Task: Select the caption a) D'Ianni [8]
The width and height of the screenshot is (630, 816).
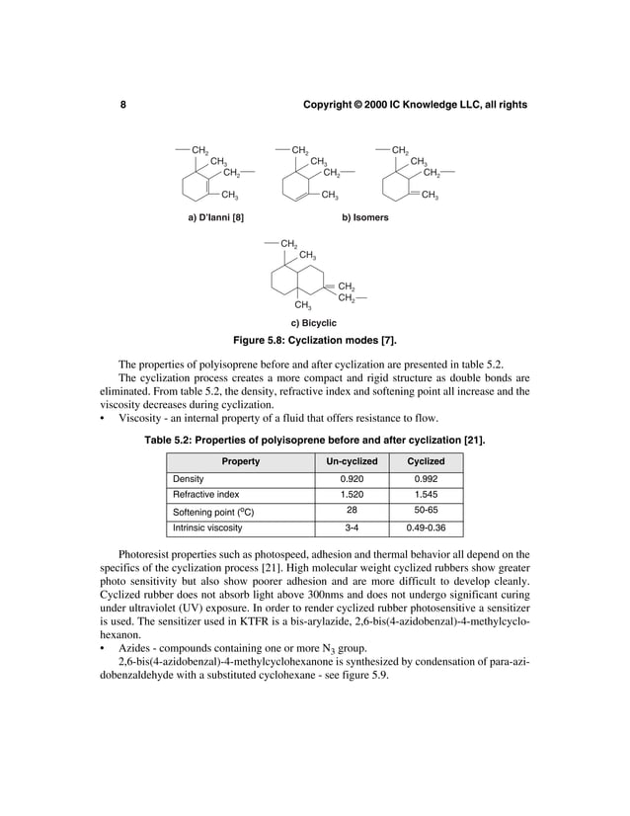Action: tap(216, 216)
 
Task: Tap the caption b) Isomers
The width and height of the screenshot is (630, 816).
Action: tap(364, 216)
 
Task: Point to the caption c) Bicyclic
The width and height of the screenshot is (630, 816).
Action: tap(313, 323)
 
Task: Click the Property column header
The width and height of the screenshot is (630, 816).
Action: tap(240, 461)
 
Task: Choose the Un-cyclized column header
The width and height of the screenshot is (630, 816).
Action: tap(352, 461)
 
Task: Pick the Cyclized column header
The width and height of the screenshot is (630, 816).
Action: tap(426, 461)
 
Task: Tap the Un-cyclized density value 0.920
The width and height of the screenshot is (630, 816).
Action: tap(352, 478)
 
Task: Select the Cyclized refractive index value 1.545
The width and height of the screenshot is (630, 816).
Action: tap(426, 494)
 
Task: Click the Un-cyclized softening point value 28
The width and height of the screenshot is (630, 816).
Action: tap(352, 511)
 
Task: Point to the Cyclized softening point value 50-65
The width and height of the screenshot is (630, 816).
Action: tap(426, 511)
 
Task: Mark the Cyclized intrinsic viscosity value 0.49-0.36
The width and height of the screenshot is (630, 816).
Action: tap(426, 528)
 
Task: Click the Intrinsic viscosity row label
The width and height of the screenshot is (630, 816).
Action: tap(207, 528)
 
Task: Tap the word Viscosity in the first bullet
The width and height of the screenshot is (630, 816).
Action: tap(139, 417)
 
